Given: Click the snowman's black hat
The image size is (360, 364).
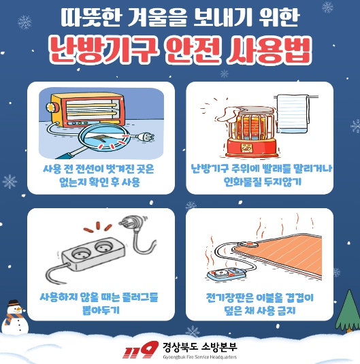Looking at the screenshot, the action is (14, 303).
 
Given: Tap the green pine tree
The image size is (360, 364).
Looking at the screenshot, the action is (348, 311).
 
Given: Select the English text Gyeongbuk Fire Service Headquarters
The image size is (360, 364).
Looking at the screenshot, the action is (200, 357).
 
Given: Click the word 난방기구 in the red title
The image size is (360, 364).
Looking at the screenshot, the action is (101, 50).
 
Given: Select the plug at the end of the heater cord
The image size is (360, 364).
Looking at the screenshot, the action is (146, 137).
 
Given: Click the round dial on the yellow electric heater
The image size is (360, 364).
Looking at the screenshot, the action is (51, 107).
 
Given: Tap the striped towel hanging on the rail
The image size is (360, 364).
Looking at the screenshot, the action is (293, 114).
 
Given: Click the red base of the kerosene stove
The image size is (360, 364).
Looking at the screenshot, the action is (251, 147).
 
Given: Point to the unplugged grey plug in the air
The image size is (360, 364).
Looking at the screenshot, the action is (133, 223).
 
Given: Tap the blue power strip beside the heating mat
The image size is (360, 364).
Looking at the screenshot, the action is (226, 274).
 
